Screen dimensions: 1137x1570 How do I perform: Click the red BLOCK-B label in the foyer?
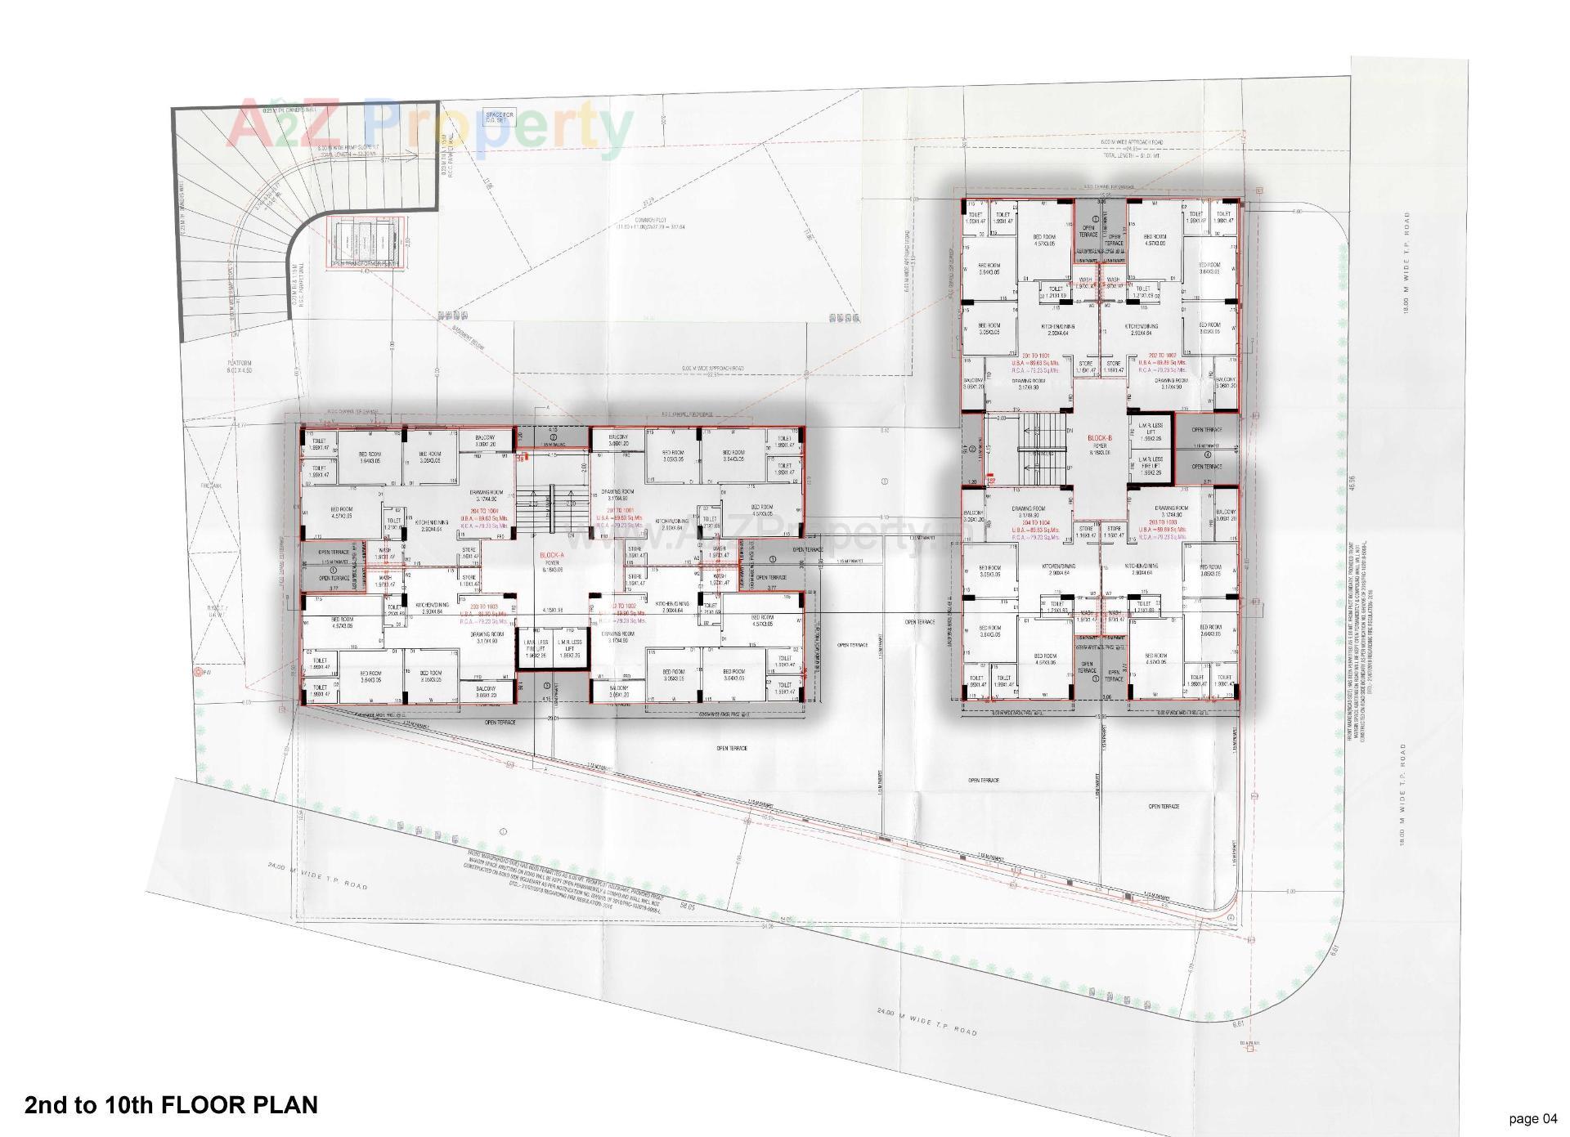[1100, 439]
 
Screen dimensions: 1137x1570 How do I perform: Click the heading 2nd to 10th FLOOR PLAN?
[171, 1105]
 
